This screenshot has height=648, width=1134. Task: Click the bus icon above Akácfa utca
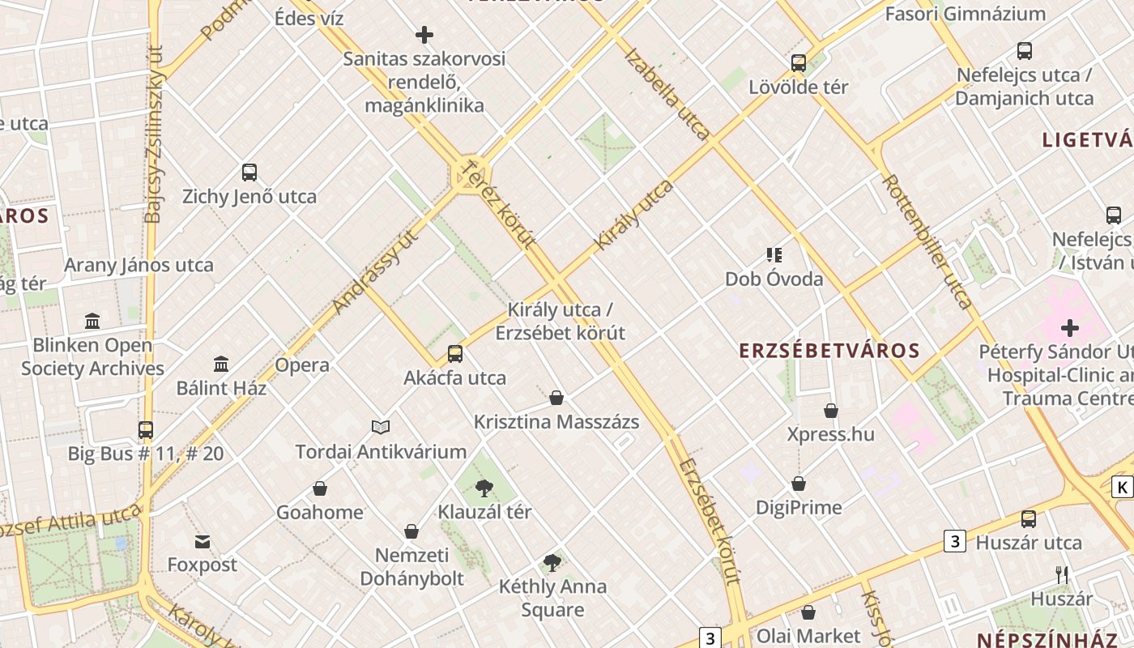coord(455,354)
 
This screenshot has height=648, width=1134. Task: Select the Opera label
coord(302,364)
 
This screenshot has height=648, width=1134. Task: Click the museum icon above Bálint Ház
coord(221,364)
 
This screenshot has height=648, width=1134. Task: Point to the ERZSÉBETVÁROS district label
coord(829,351)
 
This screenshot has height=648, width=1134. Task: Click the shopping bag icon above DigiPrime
coord(799,484)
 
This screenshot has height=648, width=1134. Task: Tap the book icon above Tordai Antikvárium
coord(381,427)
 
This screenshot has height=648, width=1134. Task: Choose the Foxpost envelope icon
coord(202,541)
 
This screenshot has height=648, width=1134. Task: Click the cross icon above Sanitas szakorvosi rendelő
coord(424,35)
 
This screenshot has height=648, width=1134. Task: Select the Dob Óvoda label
coord(774,279)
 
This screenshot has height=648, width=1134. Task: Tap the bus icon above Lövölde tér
coord(799,62)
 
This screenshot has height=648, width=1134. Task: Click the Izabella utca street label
coord(668,94)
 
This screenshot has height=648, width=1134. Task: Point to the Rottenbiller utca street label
coord(927,241)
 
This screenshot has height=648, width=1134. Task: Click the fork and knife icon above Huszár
coord(1062,575)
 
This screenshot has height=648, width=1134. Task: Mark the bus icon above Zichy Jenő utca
coord(249,173)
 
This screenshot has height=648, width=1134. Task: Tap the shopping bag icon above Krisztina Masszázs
coord(556,398)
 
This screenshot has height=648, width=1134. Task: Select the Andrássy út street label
coord(376,272)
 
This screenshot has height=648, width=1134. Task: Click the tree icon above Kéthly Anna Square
coord(552,562)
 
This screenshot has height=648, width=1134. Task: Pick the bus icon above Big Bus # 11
coord(146,429)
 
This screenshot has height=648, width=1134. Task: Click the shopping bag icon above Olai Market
coord(808,612)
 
